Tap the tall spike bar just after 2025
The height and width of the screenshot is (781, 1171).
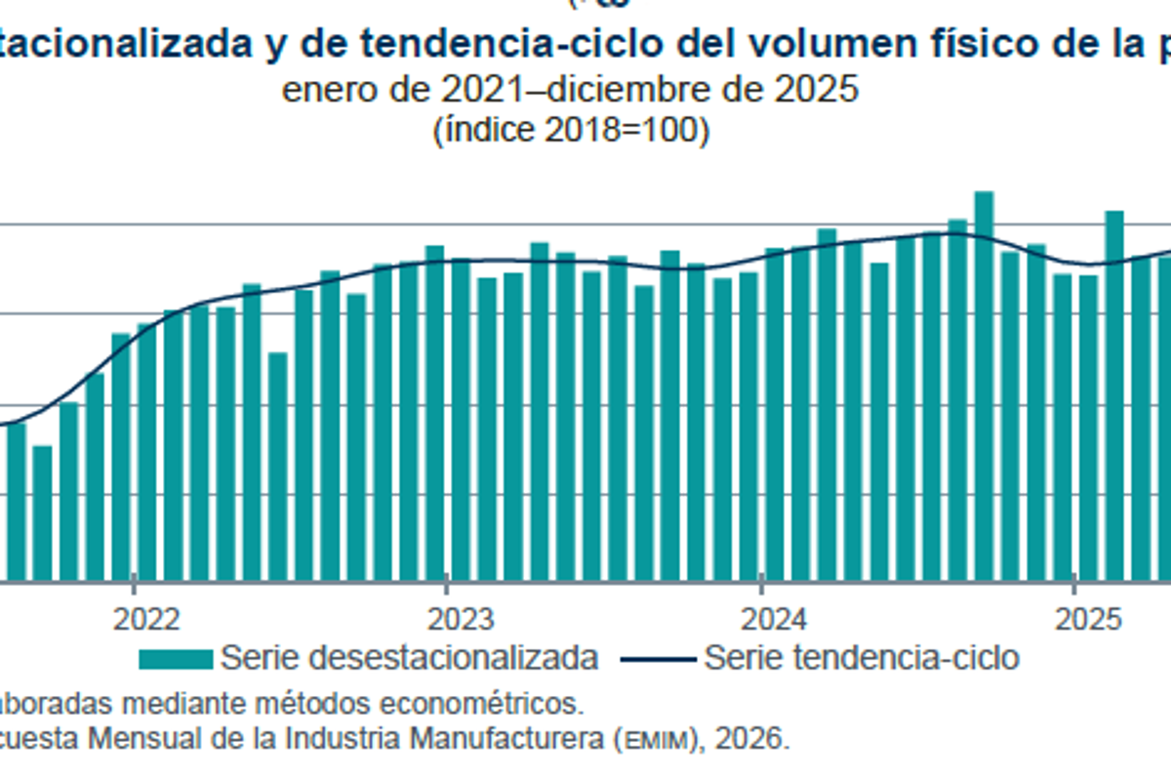pyautogui.click(x=1114, y=395)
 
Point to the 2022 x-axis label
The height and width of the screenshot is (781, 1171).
pyautogui.click(x=147, y=619)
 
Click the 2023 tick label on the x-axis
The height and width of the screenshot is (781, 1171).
pyautogui.click(x=461, y=619)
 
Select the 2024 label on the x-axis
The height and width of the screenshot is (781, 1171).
pyautogui.click(x=775, y=619)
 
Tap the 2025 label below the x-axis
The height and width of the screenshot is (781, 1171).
pyautogui.click(x=1088, y=619)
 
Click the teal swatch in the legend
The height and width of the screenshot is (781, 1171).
pyautogui.click(x=176, y=659)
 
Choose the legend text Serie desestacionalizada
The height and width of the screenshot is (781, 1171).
pyautogui.click(x=409, y=658)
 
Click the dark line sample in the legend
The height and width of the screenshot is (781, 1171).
pyautogui.click(x=658, y=659)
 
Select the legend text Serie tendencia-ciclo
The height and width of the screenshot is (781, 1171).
pyautogui.click(x=861, y=658)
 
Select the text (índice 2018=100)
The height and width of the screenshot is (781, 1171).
pyautogui.click(x=570, y=130)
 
